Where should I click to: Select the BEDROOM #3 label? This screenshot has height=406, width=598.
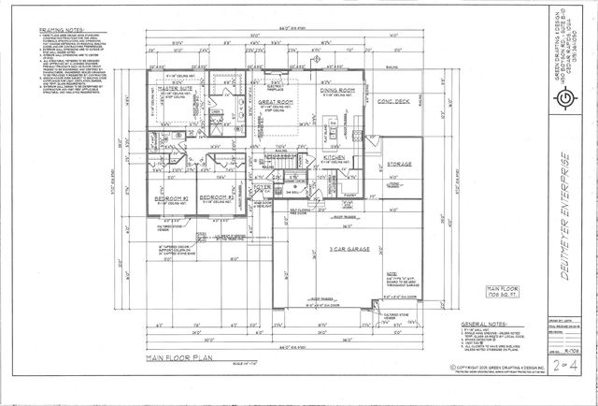point(216,197)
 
